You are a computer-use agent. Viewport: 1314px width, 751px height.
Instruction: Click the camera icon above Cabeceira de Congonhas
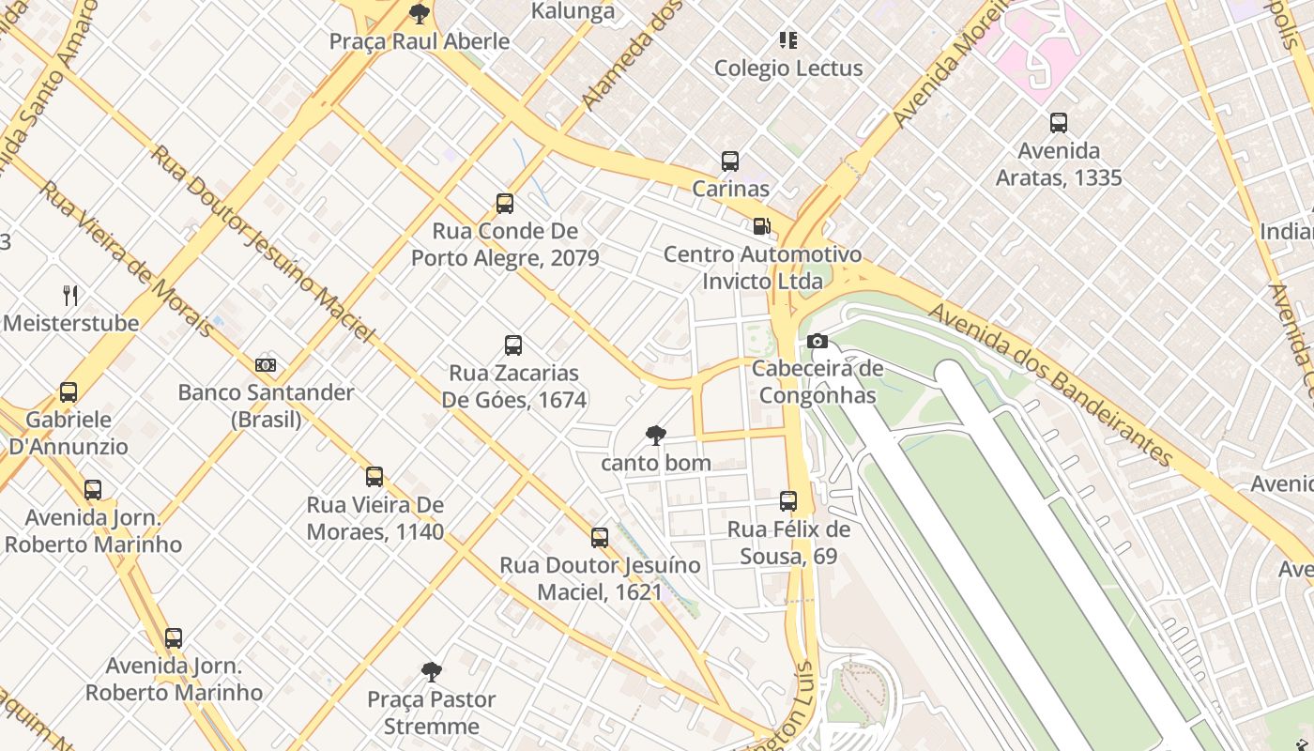817,342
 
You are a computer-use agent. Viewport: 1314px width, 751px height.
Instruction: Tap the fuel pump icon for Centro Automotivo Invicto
761,226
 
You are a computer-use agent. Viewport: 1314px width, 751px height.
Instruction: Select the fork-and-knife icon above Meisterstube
70,296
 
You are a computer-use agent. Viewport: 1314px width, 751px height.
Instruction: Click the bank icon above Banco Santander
266,364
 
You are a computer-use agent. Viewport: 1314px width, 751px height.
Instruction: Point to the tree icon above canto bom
656,435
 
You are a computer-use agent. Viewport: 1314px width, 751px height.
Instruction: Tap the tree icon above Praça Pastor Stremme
432,671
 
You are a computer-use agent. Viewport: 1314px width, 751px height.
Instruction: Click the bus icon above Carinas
730,161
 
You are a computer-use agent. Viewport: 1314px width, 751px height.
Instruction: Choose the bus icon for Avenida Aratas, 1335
1059,123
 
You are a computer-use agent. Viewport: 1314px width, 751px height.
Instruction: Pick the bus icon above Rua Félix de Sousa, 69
788,501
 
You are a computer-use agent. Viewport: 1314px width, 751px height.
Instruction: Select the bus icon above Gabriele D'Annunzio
69,392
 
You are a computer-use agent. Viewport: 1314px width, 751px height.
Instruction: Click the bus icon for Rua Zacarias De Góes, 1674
513,345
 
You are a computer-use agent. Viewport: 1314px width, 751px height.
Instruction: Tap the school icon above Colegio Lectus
788,40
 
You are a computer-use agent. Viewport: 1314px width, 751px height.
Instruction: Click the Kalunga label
573,11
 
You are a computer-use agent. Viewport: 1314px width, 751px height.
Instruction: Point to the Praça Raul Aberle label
420,41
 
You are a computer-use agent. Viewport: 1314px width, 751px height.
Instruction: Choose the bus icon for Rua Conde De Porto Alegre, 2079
505,204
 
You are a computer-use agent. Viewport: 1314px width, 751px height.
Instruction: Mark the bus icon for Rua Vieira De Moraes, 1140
374,477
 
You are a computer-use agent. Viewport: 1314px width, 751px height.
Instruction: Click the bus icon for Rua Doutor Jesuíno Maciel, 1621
600,538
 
